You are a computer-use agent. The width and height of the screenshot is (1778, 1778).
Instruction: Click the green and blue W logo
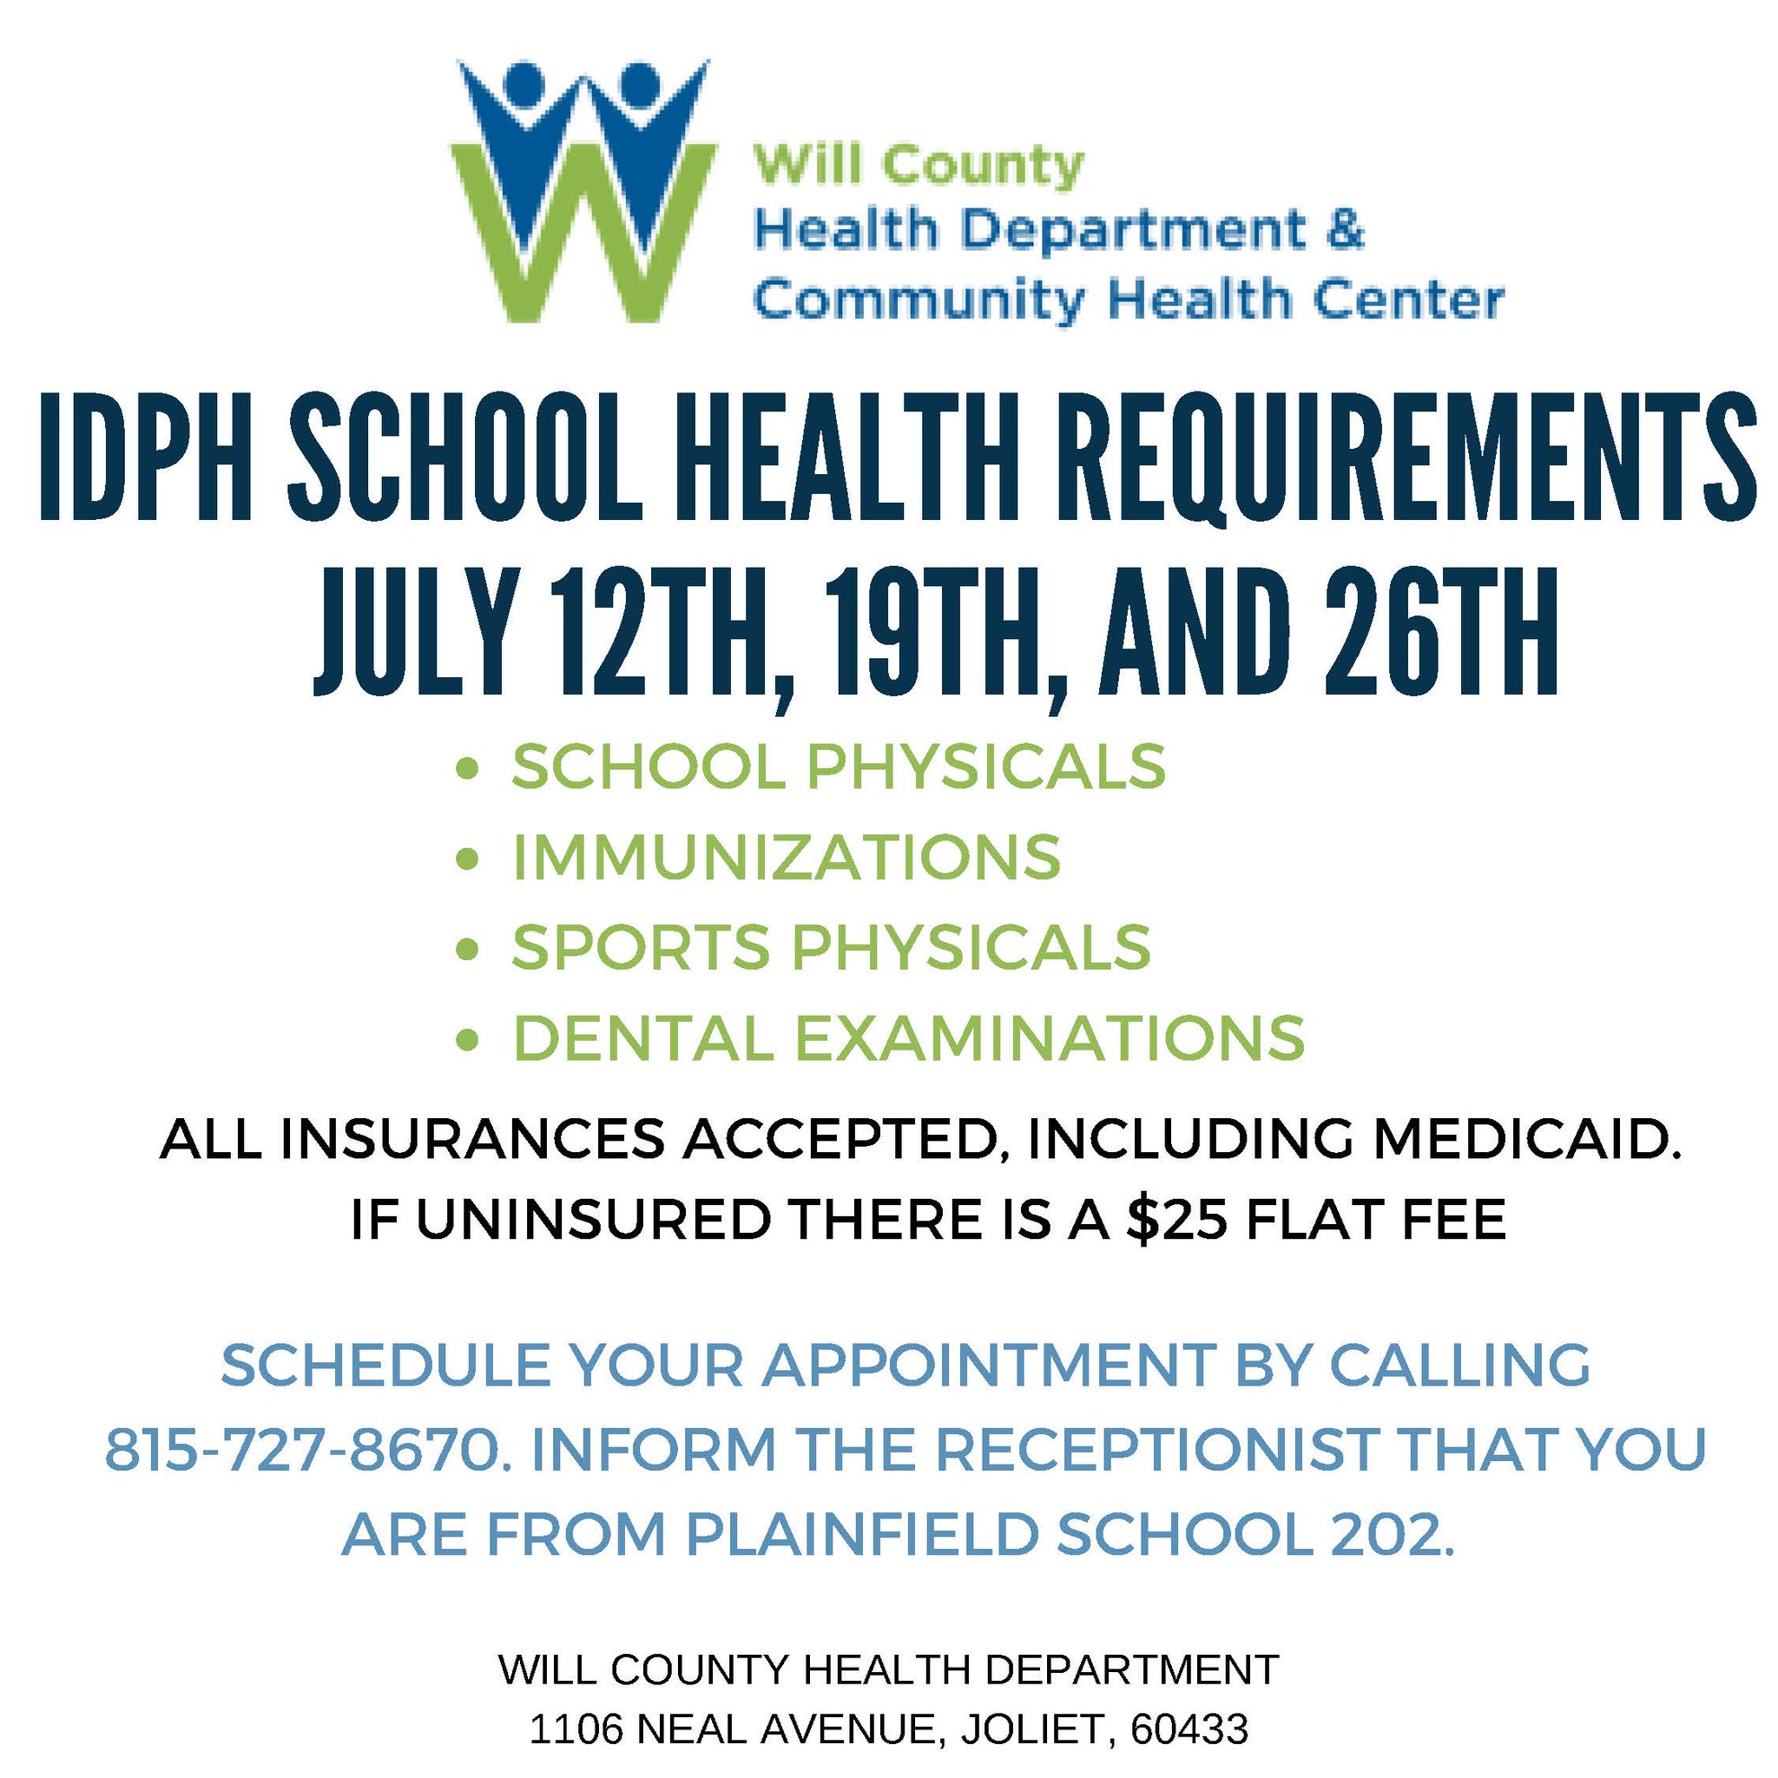(x=583, y=189)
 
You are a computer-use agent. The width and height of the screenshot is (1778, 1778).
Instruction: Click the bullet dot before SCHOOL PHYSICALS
(x=470, y=767)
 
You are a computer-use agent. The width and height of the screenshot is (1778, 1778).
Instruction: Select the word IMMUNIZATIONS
(x=787, y=857)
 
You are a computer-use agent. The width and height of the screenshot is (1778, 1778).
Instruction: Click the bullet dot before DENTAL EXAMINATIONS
(x=470, y=1038)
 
